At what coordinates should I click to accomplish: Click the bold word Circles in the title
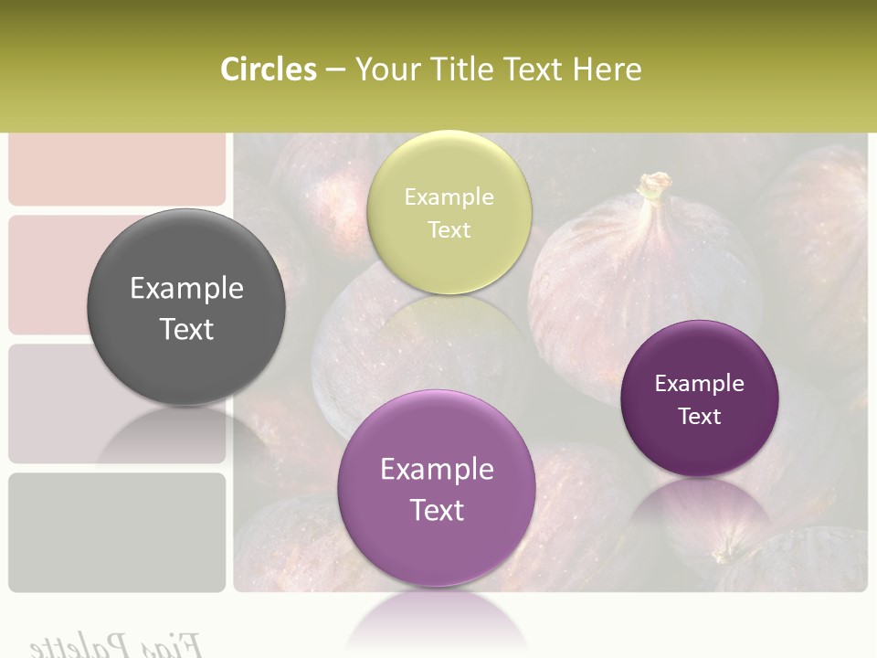(x=268, y=69)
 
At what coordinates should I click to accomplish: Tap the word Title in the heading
(x=460, y=69)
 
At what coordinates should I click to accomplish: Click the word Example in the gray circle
(x=186, y=289)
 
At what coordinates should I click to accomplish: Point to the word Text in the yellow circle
(x=449, y=229)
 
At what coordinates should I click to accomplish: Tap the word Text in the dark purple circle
(x=700, y=416)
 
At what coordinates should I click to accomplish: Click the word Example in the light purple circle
(x=437, y=470)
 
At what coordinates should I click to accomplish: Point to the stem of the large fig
(x=652, y=187)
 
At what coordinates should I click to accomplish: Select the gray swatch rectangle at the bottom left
(x=117, y=531)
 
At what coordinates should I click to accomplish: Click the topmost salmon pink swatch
(x=117, y=169)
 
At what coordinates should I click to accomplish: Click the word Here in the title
(x=608, y=69)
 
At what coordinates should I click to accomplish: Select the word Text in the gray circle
(x=186, y=329)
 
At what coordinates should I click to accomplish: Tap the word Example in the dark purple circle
(x=699, y=384)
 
